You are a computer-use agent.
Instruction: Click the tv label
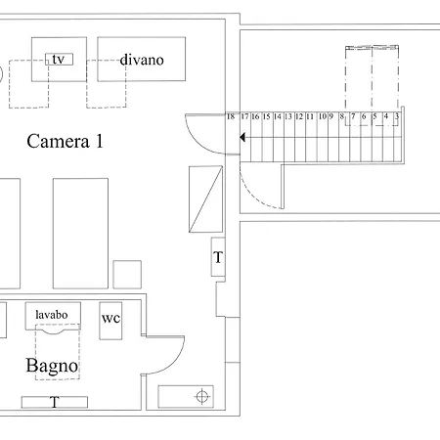59,60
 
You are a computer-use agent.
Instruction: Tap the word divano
142,60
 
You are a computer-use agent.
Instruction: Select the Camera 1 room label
65,141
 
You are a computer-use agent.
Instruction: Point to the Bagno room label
52,366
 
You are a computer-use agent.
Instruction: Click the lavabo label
52,315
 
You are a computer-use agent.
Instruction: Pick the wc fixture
110,321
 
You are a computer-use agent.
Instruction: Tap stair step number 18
231,116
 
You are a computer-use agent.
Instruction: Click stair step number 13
288,116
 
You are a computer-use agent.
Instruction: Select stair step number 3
397,116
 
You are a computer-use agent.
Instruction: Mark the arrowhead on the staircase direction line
242,138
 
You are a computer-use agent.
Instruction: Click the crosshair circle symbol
202,397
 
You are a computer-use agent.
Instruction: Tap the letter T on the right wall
218,257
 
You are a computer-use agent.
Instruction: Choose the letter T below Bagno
55,402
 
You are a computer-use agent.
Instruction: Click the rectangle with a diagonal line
205,199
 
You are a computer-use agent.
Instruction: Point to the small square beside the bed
127,275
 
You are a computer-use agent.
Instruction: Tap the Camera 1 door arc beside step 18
195,141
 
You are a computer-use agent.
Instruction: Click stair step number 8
341,116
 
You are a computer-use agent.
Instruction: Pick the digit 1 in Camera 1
99,141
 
